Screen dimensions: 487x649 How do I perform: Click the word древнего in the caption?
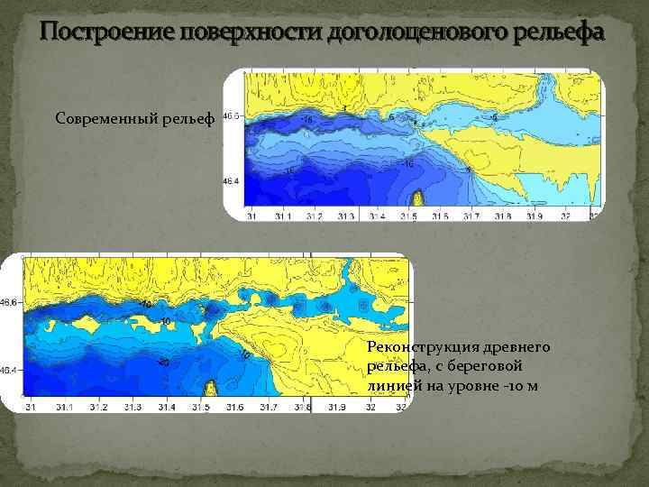pyautogui.click(x=515, y=347)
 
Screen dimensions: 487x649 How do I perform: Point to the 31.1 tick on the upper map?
pyautogui.click(x=283, y=216)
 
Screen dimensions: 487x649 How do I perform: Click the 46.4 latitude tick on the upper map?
pyautogui.click(x=232, y=181)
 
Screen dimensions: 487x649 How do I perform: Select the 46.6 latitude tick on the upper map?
pyautogui.click(x=232, y=115)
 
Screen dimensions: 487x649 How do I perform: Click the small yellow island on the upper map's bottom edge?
pyautogui.click(x=418, y=200)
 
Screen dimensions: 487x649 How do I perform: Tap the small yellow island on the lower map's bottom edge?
pyautogui.click(x=211, y=390)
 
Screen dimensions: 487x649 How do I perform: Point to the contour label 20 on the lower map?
pyautogui.click(x=164, y=362)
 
